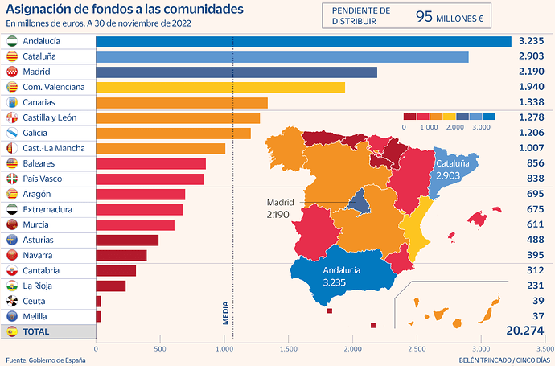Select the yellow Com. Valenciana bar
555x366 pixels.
click(220, 87)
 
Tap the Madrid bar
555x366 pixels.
click(236, 72)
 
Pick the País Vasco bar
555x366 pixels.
click(150, 179)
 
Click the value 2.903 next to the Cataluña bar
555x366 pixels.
click(532, 57)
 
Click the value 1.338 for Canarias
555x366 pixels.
click(532, 102)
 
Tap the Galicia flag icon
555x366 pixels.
click(12, 133)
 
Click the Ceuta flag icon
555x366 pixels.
click(12, 301)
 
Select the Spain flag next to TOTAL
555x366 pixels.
click(12, 331)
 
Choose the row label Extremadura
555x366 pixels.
click(46, 209)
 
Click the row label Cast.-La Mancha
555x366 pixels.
click(54, 148)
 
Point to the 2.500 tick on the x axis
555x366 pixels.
click(416, 349)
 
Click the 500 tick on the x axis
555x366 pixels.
click(159, 349)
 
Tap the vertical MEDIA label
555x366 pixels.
click(226, 312)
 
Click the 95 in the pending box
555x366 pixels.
click(425, 15)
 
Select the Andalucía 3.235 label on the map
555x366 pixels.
click(343, 278)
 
